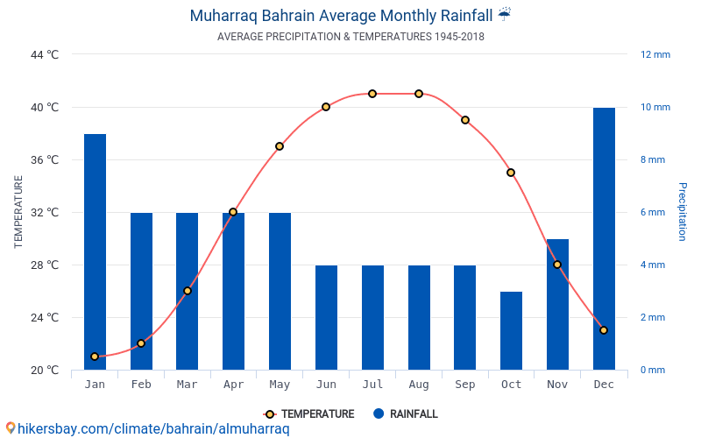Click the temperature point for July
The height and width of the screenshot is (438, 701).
pos(372,94)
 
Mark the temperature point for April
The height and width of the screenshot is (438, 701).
pos(233,212)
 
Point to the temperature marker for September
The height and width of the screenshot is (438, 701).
pos(465,120)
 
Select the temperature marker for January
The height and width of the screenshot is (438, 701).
pos(95,357)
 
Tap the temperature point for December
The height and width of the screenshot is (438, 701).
pos(604,330)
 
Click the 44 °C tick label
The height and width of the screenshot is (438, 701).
pos(44,54)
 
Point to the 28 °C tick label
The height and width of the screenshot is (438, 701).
pos(44,265)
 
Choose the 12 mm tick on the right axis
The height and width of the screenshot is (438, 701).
pos(655,54)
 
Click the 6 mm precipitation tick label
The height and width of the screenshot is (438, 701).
pos(655,212)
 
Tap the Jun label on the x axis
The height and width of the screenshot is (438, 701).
pos(326,385)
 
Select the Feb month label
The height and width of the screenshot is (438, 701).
pos(141,385)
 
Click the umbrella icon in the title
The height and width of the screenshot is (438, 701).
pos(504,15)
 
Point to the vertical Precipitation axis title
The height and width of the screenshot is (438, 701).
pos(683,212)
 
